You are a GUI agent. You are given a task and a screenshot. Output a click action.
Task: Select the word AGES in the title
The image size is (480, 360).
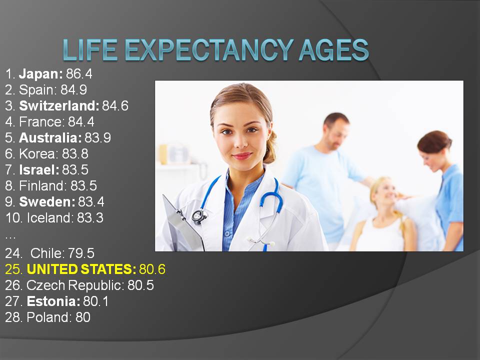pos(334,49)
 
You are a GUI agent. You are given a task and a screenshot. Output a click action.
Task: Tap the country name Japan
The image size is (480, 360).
pos(40,74)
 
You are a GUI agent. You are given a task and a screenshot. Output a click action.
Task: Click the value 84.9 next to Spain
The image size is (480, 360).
pos(74,89)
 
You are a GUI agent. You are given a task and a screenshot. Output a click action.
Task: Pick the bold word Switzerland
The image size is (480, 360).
pos(59,105)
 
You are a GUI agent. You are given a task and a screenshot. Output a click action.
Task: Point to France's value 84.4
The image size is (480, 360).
pos(81,122)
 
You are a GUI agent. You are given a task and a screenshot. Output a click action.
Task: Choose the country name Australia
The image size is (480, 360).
pos(50,138)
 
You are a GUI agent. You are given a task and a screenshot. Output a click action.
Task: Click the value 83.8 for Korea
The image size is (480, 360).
pos(75,153)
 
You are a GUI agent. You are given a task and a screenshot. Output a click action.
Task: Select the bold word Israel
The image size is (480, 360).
pos(39,169)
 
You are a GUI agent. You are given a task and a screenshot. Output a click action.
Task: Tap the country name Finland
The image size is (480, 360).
pos(41,186)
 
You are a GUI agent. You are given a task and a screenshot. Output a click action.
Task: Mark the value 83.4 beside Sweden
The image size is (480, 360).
pos(91,201)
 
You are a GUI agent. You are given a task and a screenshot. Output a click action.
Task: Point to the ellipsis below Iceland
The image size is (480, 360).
pos(10,236)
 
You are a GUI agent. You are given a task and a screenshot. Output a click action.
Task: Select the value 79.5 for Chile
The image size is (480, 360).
pos(81,253)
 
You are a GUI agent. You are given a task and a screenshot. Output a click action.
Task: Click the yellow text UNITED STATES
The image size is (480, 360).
pos(81,269)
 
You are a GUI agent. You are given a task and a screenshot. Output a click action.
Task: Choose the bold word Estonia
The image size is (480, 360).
pos(53,301)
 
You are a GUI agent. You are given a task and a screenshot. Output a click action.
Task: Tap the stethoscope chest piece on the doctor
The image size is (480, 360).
pos(199,216)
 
